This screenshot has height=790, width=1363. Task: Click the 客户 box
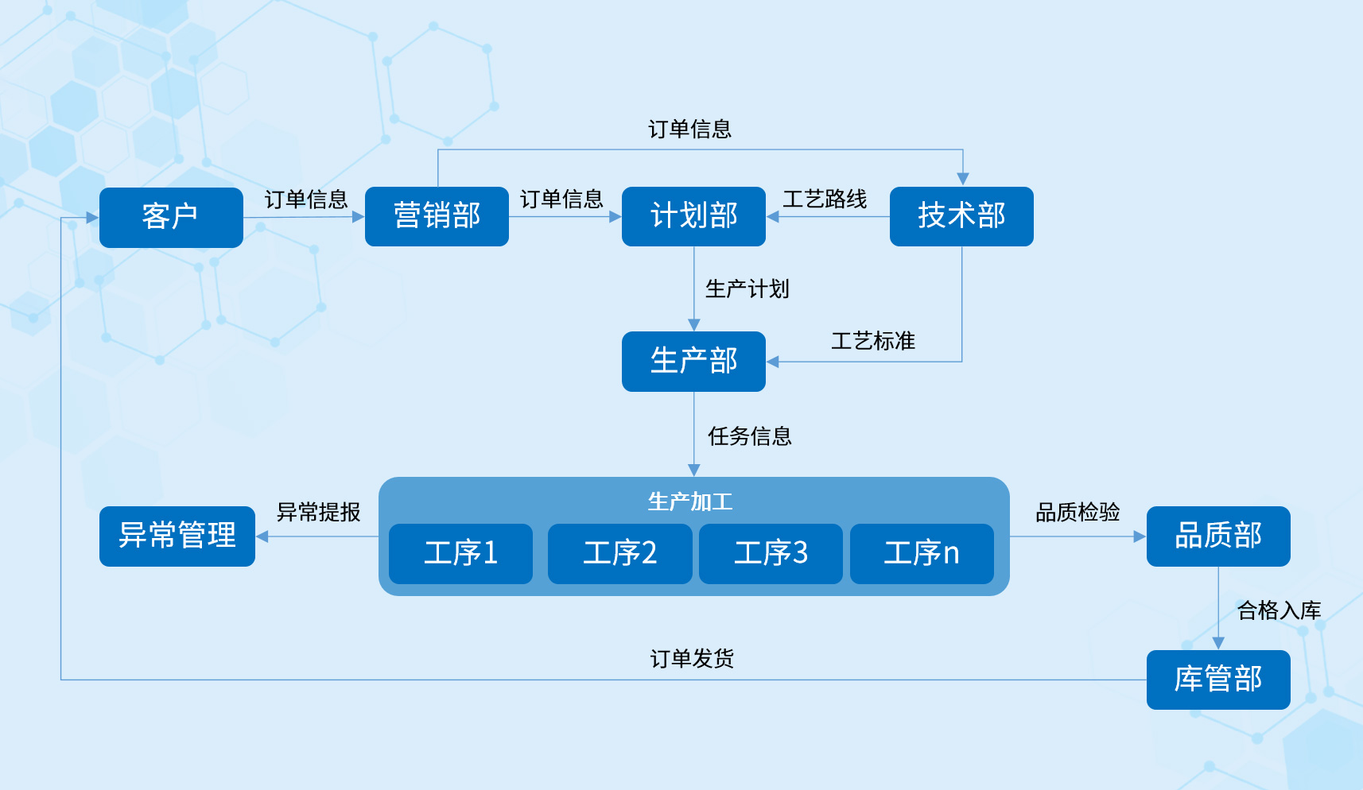click(171, 217)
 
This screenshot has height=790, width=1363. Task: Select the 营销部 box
click(437, 216)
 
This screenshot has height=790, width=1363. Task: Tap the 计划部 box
click(693, 216)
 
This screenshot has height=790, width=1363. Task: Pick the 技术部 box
click(961, 216)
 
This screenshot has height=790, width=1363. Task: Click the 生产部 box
click(693, 361)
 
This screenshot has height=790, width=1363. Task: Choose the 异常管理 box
click(177, 536)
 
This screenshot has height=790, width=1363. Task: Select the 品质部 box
click(1217, 536)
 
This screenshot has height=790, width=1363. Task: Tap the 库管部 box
click(1217, 680)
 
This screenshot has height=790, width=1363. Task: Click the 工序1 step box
click(460, 553)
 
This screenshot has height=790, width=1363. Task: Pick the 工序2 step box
click(619, 553)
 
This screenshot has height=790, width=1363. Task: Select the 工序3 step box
click(771, 553)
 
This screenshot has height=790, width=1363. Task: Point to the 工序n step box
click(922, 553)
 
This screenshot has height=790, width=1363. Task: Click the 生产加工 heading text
click(690, 501)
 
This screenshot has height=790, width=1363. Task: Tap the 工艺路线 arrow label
click(825, 199)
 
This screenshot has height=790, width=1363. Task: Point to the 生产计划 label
click(747, 289)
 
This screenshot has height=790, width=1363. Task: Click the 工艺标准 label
click(873, 341)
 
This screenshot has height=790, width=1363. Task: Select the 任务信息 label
click(749, 436)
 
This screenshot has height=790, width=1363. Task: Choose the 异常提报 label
click(318, 512)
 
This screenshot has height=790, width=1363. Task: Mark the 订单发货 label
click(692, 658)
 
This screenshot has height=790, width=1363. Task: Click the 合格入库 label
click(1279, 610)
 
